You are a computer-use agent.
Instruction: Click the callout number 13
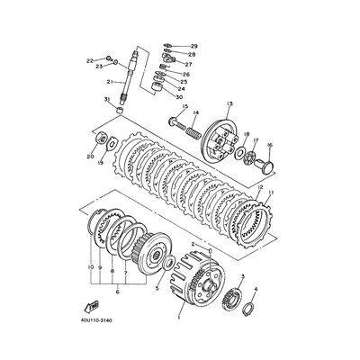[230, 103]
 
